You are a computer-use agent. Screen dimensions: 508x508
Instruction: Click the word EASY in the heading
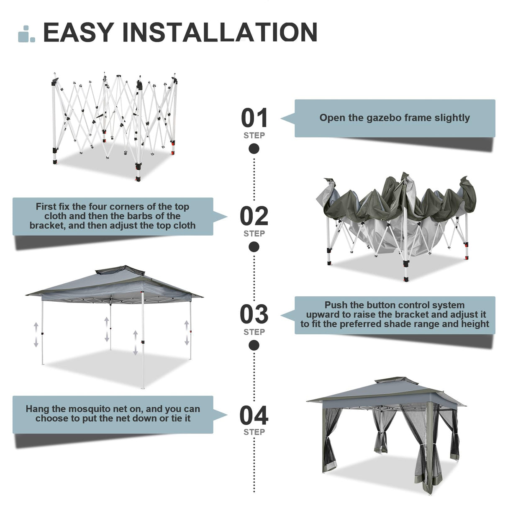click(78, 33)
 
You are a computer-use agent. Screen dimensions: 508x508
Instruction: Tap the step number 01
click(254, 118)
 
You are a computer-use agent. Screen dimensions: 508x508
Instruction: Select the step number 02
click(254, 216)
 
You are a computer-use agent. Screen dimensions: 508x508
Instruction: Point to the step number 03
click(254, 315)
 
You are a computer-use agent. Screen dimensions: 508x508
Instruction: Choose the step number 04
click(254, 416)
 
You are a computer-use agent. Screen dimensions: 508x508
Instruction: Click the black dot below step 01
click(254, 149)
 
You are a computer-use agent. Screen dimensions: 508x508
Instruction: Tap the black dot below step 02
click(254, 247)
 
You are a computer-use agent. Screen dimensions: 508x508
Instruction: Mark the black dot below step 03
click(254, 345)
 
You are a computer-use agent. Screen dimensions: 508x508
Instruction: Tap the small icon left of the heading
click(26, 34)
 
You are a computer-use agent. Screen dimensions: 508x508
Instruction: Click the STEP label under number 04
click(254, 432)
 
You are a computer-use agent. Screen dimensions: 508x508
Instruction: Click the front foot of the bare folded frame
click(138, 179)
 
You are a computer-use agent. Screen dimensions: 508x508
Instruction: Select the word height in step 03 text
click(475, 324)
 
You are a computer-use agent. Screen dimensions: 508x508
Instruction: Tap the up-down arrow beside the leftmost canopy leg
click(36, 335)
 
